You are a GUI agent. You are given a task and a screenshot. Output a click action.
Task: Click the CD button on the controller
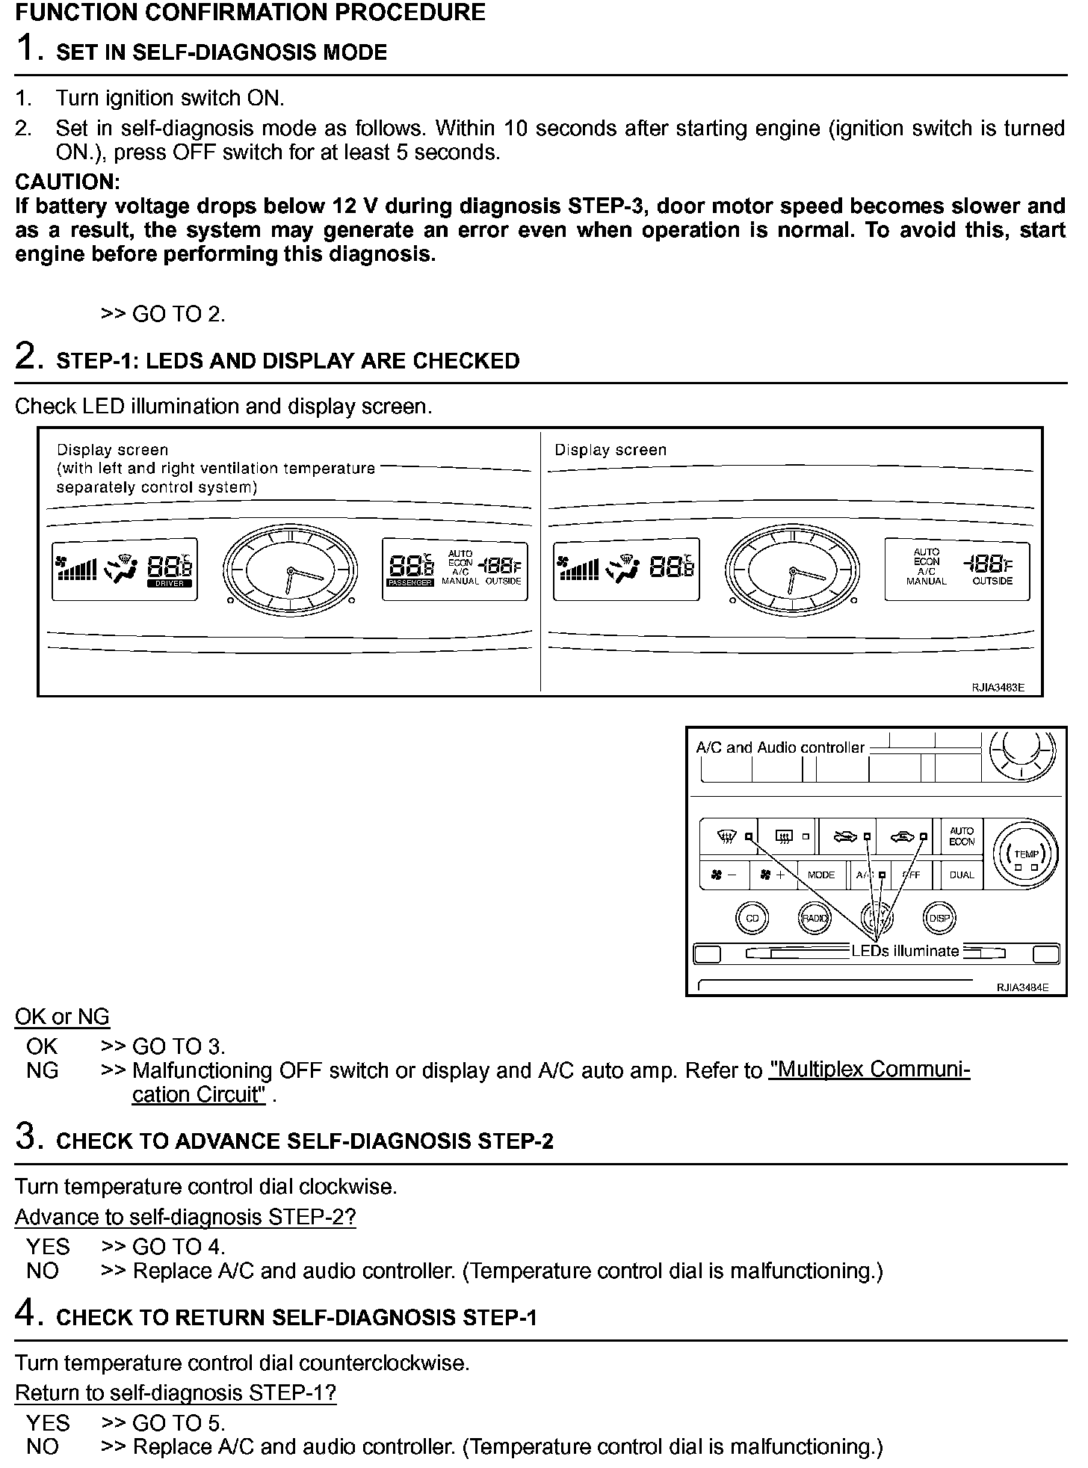tap(752, 918)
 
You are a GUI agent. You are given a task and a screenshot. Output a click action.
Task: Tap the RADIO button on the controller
tap(815, 918)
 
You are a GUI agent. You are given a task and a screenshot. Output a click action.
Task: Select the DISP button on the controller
tap(939, 918)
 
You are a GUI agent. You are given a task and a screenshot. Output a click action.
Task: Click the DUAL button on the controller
tap(961, 875)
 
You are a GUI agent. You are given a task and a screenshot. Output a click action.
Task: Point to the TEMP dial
tap(1026, 854)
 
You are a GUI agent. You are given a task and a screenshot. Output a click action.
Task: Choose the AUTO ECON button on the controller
tap(961, 836)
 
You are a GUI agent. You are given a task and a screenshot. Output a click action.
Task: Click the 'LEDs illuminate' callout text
tap(905, 951)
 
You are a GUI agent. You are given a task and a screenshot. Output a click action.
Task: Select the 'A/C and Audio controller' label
tap(779, 747)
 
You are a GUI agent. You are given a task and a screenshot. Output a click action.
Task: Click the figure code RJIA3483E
tap(998, 688)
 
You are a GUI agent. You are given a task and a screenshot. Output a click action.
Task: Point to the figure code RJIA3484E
tap(1021, 987)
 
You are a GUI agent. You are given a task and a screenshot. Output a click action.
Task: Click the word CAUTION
tap(67, 182)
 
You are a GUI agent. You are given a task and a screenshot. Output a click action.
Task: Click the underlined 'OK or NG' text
tap(62, 1017)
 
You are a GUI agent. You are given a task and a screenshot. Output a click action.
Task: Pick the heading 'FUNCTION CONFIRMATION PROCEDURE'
tap(250, 12)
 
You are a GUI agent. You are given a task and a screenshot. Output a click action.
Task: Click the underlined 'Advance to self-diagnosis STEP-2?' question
tap(185, 1217)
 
